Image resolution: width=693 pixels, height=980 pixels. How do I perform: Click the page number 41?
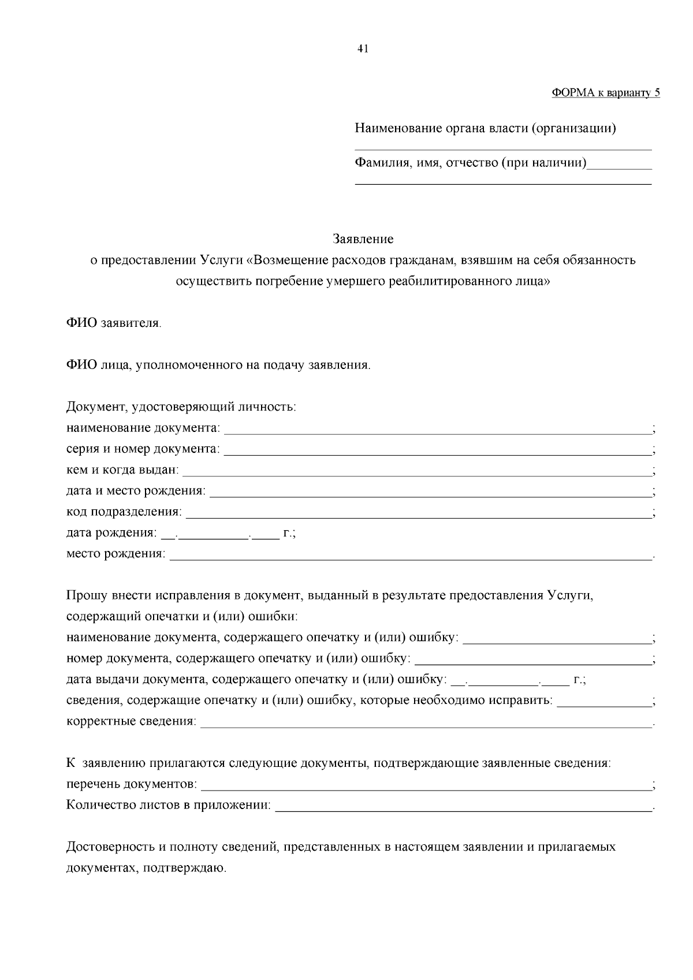(363, 49)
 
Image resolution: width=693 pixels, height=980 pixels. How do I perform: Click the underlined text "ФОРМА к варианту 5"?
(606, 93)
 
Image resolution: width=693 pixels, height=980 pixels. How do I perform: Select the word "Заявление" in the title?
(363, 239)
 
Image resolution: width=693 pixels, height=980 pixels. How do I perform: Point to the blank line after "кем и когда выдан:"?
(416, 472)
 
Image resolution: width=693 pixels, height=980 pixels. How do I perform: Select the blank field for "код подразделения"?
(418, 513)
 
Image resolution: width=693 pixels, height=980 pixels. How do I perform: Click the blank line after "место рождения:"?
(410, 556)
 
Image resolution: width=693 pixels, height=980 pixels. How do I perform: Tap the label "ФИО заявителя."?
(114, 323)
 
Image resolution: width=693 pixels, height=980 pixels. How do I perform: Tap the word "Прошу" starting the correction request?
(85, 595)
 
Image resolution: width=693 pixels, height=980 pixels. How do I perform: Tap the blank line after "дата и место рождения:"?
(430, 493)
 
